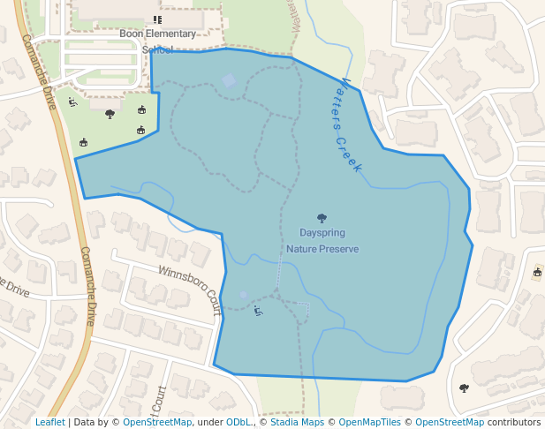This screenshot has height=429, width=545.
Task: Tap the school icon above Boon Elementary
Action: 157,19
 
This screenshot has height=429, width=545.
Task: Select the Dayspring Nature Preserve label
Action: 322,241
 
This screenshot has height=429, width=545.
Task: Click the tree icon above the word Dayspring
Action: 322,218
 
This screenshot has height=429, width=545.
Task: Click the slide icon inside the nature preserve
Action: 257,310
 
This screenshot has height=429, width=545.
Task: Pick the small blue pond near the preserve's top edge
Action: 229,81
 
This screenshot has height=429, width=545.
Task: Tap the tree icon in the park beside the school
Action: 110,114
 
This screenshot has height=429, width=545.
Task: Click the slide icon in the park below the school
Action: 72,102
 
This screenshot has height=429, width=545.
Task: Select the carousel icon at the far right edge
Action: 537,273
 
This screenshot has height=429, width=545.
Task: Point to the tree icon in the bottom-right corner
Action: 464,388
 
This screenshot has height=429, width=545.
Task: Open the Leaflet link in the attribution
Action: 50,423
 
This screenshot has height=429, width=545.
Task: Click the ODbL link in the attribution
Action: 238,423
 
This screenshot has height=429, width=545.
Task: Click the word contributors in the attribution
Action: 514,423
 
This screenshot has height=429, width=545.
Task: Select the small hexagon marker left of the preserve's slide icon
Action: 243,295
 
